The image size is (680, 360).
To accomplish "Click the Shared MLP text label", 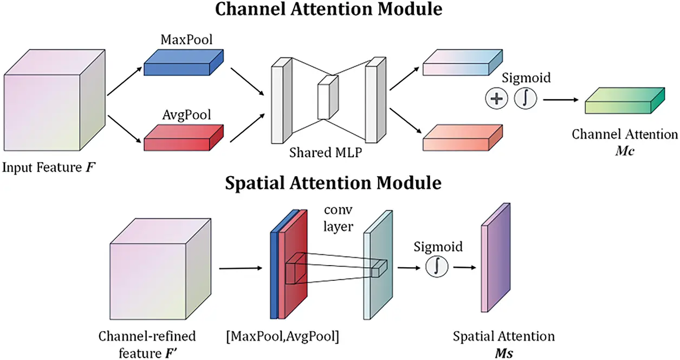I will coord(326,153).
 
